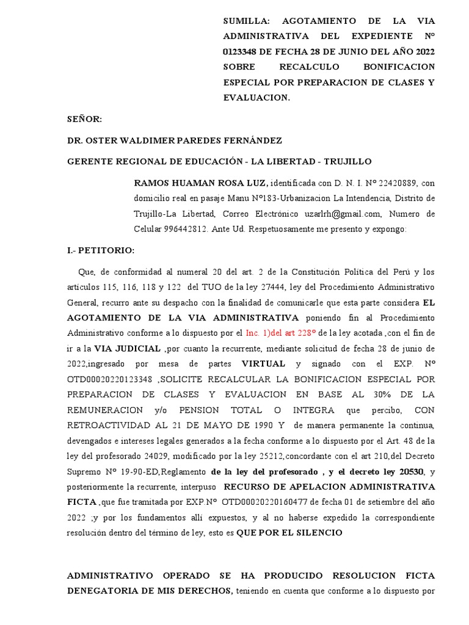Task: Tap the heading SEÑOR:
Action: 84,120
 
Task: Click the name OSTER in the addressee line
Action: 99,140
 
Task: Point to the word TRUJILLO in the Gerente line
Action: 347,161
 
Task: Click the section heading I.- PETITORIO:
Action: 101,250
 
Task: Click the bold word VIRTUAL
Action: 264,364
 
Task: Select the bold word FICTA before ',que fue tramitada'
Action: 81,502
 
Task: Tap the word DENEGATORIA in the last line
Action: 107,591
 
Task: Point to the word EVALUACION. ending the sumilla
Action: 256,98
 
